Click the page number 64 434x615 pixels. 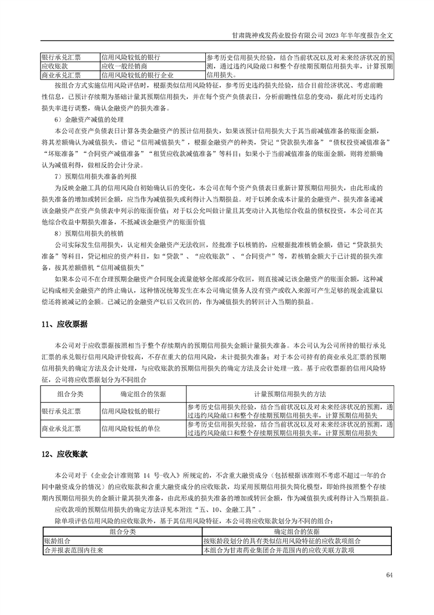(389, 574)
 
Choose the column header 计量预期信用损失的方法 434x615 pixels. (290, 394)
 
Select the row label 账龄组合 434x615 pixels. (57, 540)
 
